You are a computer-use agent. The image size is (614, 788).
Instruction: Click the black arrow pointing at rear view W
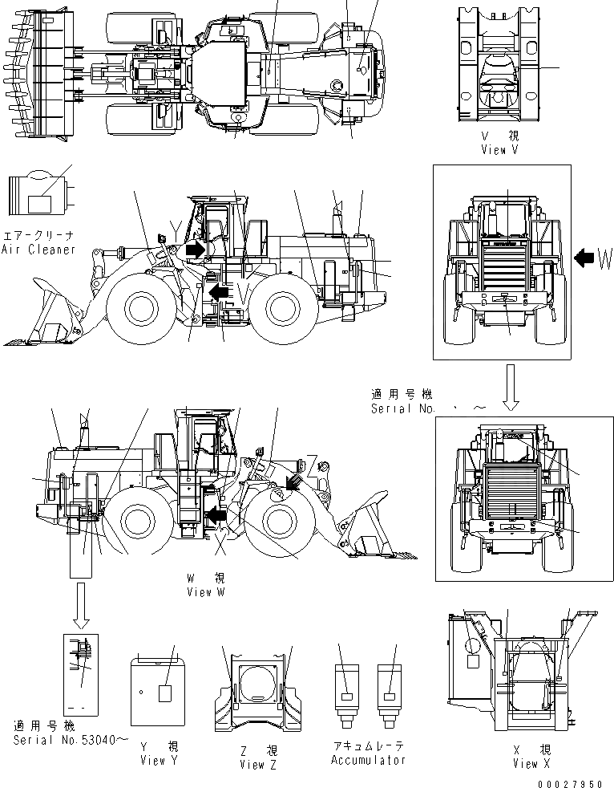[585, 258]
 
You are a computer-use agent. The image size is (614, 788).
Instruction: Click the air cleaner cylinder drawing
[38, 195]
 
